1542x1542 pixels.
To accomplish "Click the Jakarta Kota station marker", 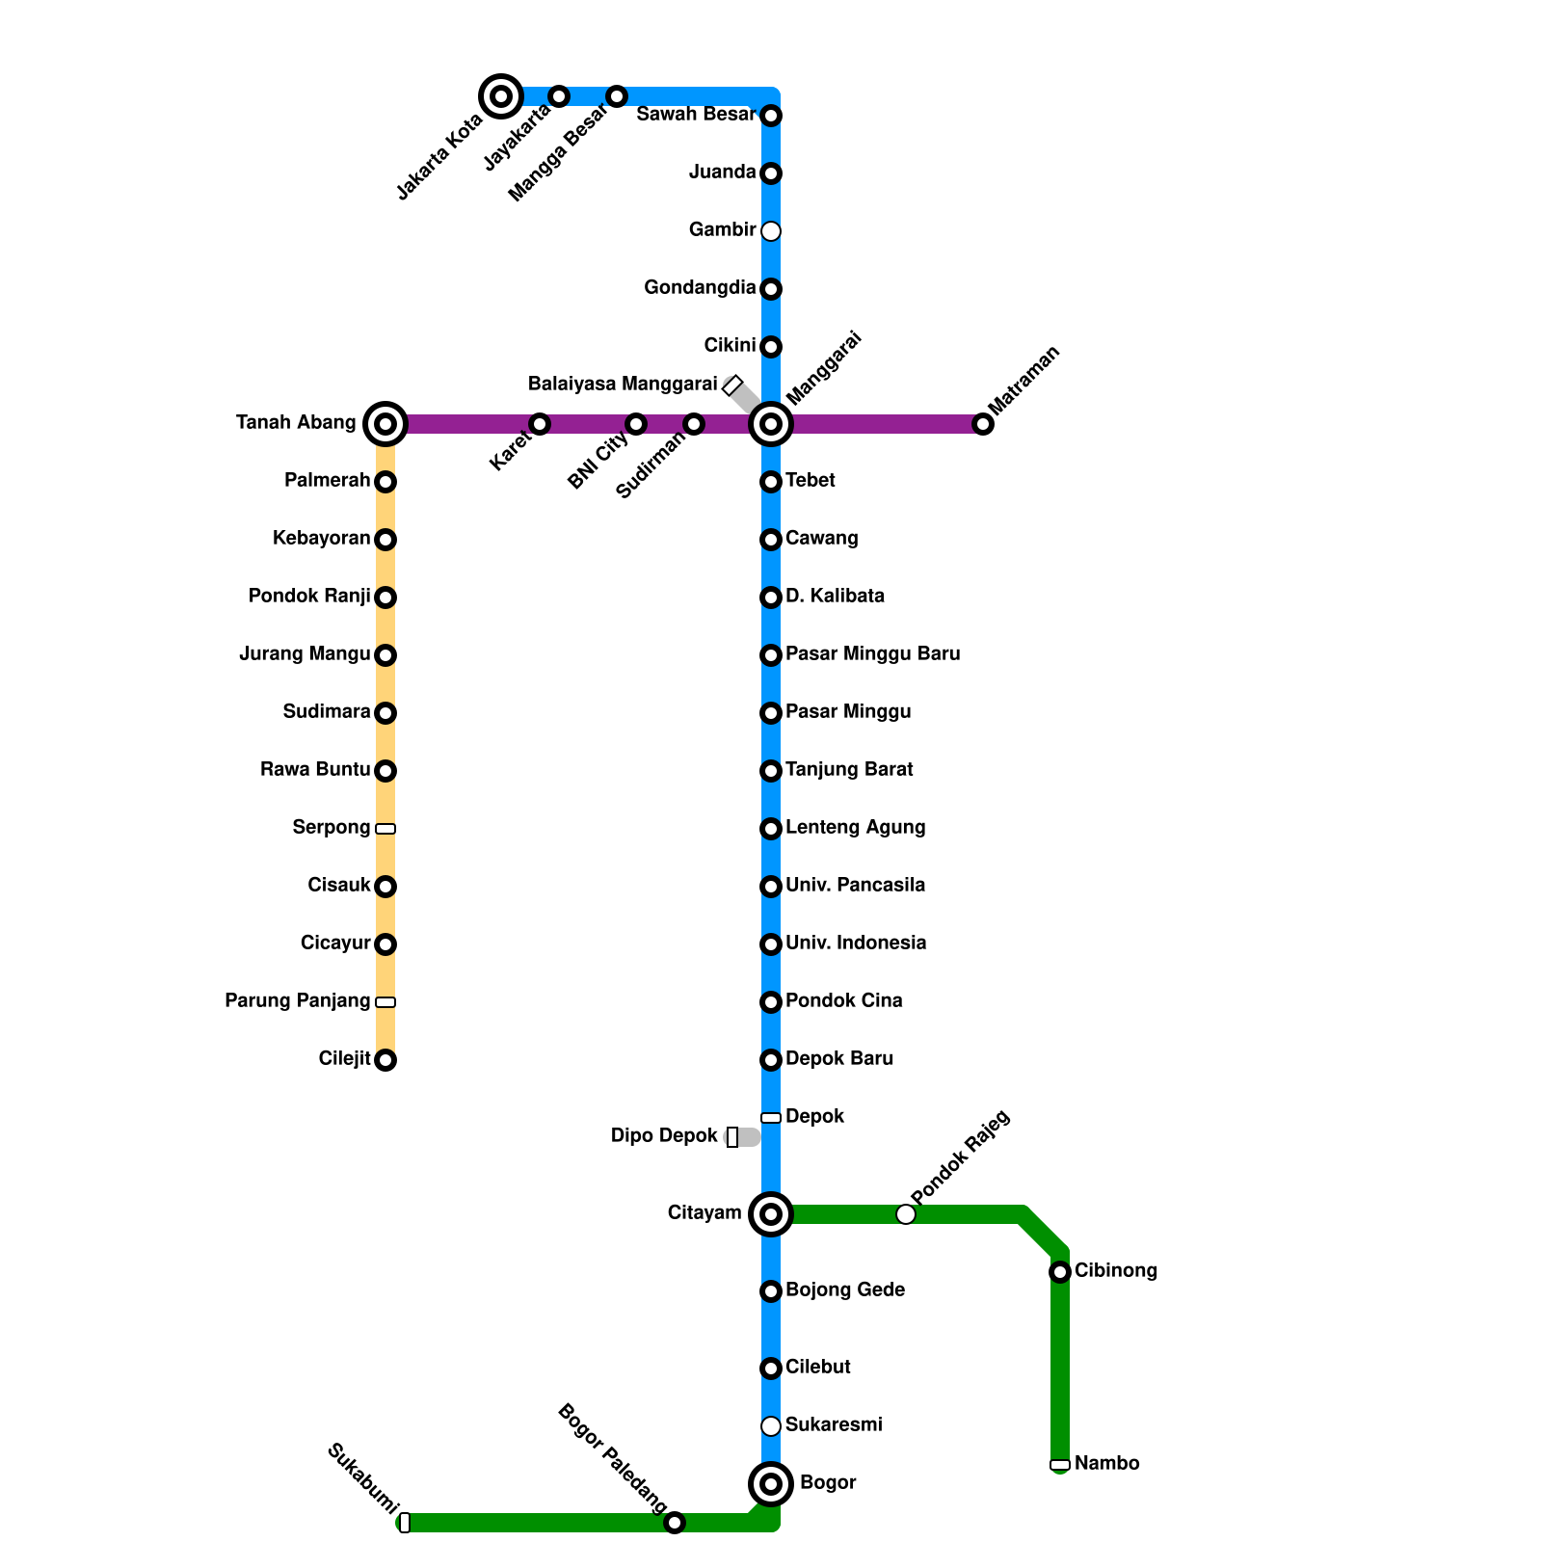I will (x=501, y=96).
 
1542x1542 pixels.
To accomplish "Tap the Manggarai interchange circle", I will (x=771, y=424).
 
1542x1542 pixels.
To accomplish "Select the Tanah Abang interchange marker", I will (x=385, y=424).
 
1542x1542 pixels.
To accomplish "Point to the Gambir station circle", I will (x=771, y=231).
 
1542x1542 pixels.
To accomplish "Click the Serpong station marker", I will (x=385, y=829).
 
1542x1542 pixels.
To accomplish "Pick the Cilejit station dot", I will (x=385, y=1060).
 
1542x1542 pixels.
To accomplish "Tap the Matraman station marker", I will (x=983, y=424).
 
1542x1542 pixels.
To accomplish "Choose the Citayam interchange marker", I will (x=771, y=1214).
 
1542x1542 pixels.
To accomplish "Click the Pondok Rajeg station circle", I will (x=906, y=1214).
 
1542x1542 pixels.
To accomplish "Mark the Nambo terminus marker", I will (x=1060, y=1465).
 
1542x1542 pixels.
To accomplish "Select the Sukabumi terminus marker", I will (x=405, y=1523).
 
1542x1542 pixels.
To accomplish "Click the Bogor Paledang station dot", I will (x=675, y=1523).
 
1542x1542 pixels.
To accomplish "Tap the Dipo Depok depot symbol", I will (x=732, y=1137).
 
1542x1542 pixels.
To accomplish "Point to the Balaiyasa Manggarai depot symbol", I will (x=732, y=385).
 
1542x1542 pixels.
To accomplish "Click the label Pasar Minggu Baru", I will (x=872, y=654).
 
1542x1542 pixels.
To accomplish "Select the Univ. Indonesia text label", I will (x=856, y=944).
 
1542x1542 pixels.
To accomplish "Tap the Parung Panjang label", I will (x=297, y=1001).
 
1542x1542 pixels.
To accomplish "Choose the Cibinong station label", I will (x=1116, y=1271).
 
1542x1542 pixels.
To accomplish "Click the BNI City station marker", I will (x=636, y=424).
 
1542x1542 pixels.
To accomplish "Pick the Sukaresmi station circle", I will (x=771, y=1426).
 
